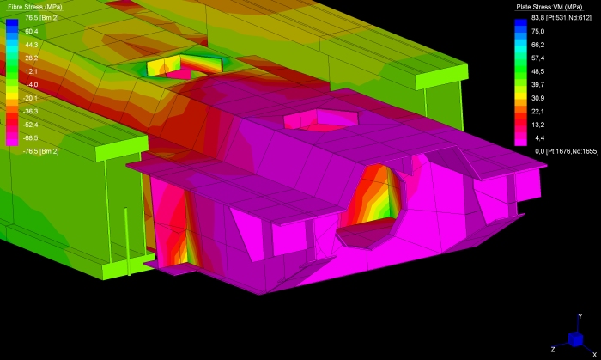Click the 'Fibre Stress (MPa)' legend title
tap(35, 7)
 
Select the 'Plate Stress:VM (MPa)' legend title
tap(549, 7)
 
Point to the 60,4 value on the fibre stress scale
tap(32, 32)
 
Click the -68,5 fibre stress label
tap(31, 138)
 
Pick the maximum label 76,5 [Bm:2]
tap(42, 18)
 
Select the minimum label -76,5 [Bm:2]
tap(40, 151)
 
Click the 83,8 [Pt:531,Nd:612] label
tap(562, 18)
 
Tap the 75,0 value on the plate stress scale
tap(537, 32)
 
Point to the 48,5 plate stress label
tap(537, 71)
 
